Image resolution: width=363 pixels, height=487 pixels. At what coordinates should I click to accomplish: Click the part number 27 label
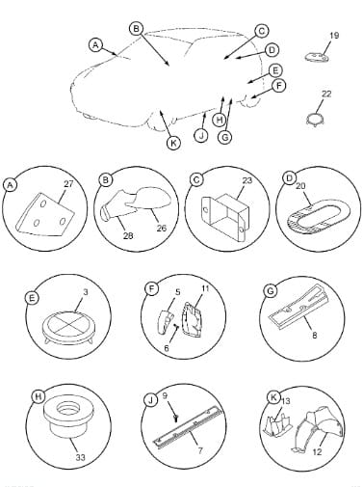click(68, 184)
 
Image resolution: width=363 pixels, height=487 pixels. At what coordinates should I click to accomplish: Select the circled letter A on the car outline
click(95, 45)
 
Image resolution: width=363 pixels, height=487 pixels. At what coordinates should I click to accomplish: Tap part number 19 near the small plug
click(334, 36)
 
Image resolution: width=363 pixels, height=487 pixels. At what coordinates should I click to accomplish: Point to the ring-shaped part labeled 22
click(315, 119)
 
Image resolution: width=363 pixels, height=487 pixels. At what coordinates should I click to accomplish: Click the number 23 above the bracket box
click(247, 180)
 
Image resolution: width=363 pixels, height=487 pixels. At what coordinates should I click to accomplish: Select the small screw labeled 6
click(176, 326)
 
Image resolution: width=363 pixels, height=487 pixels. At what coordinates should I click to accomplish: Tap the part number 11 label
click(205, 288)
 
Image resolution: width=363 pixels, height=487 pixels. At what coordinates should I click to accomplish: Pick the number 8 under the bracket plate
click(315, 335)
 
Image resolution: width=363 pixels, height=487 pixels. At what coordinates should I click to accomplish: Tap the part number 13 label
click(286, 401)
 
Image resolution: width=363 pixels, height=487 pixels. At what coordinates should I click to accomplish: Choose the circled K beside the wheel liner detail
click(273, 397)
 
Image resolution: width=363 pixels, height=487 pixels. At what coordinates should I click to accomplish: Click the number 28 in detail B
click(128, 236)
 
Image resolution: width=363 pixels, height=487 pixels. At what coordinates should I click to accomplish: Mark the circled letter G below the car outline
click(224, 137)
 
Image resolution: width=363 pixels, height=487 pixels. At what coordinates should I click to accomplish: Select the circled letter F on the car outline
click(279, 86)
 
